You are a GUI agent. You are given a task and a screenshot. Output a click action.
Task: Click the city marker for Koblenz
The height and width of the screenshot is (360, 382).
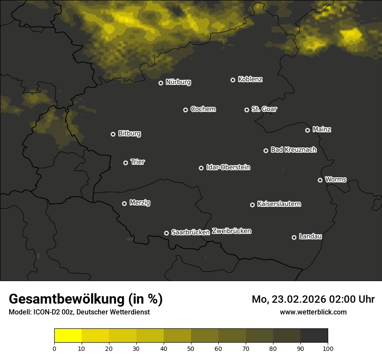233,80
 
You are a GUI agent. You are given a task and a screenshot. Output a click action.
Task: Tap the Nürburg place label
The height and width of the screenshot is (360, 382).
178,82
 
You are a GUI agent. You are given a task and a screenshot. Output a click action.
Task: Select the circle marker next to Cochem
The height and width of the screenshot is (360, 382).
185,110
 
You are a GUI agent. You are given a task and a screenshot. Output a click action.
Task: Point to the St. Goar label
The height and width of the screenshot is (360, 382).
264,109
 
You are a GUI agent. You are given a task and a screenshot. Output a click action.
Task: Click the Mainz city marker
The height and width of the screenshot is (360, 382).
307,130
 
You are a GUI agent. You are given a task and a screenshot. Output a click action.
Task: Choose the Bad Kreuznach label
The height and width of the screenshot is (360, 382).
293,150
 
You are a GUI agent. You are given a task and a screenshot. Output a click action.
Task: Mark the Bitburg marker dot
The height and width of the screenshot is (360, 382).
113,134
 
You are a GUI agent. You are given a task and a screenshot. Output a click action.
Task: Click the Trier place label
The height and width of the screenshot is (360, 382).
138,162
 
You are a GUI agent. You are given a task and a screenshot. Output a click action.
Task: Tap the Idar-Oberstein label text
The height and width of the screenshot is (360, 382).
228,167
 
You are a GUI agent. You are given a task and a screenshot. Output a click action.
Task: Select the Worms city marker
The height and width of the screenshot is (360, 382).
320,180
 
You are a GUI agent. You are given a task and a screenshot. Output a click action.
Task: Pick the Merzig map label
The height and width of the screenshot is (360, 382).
140,203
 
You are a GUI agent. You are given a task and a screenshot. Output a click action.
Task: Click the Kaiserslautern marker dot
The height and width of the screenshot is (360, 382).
252,205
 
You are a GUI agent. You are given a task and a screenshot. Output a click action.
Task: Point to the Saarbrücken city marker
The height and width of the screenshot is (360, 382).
166,233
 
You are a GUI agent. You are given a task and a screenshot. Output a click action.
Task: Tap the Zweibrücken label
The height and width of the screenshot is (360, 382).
231,231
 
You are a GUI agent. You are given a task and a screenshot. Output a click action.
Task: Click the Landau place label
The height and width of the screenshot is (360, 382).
310,236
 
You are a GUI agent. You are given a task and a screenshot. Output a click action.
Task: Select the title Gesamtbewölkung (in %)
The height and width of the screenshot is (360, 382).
86,299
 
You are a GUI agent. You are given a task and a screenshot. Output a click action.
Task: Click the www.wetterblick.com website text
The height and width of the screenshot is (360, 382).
313,312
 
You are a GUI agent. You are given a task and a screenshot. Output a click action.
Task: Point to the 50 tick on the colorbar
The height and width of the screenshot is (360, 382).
191,348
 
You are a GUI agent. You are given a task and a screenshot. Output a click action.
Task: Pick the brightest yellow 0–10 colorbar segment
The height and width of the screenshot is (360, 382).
68,336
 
